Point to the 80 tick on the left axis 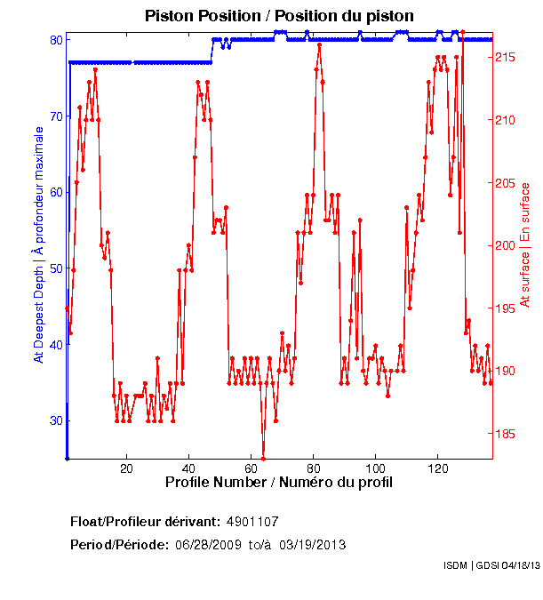[x=55, y=40]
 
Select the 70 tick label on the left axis [x=55, y=116]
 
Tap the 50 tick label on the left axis [x=55, y=268]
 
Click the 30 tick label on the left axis [x=55, y=420]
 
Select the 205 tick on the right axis [x=505, y=183]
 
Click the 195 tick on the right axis [x=505, y=308]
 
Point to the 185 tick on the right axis [x=505, y=434]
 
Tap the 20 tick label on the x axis [x=126, y=468]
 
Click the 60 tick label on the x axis [x=251, y=468]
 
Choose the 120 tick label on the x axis [x=437, y=468]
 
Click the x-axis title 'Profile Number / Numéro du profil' [x=279, y=482]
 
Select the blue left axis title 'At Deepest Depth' [x=38, y=244]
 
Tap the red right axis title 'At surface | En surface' [x=525, y=244]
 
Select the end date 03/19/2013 [x=312, y=544]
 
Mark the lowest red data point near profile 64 [x=263, y=459]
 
